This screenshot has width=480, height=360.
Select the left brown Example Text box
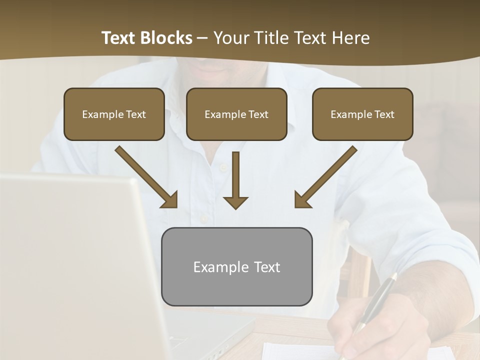pos(114,114)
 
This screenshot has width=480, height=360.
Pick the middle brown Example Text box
pos(236,114)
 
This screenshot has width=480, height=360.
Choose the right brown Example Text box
pos(362,114)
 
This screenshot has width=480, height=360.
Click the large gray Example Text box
pos(236,266)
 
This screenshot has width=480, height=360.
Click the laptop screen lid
pos(75,260)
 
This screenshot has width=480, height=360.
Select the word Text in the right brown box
pos(384,114)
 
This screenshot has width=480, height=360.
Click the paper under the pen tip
pos(300,351)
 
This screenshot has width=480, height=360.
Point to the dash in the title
pos(202,38)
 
